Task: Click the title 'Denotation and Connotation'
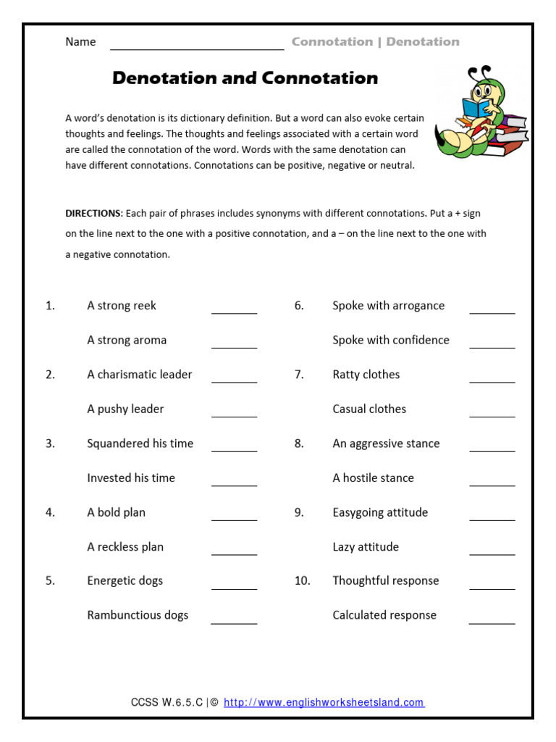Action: point(245,78)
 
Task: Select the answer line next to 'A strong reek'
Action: point(234,310)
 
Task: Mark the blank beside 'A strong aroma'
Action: point(234,345)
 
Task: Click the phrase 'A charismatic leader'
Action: point(140,375)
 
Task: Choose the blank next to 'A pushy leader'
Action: point(234,414)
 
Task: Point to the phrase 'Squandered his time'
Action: point(140,443)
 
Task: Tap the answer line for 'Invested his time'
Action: point(234,483)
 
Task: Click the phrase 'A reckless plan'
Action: point(125,547)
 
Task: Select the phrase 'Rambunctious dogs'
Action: point(138,615)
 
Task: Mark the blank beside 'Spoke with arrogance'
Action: point(492,310)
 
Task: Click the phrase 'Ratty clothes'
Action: point(366,375)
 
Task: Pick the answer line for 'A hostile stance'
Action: point(492,483)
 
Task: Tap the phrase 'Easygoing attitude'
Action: point(380,512)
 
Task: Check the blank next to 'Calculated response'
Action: point(492,620)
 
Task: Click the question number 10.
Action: point(302,580)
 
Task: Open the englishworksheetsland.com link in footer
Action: point(324,702)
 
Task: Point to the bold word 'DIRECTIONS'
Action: point(93,214)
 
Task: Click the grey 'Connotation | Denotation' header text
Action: point(375,42)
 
